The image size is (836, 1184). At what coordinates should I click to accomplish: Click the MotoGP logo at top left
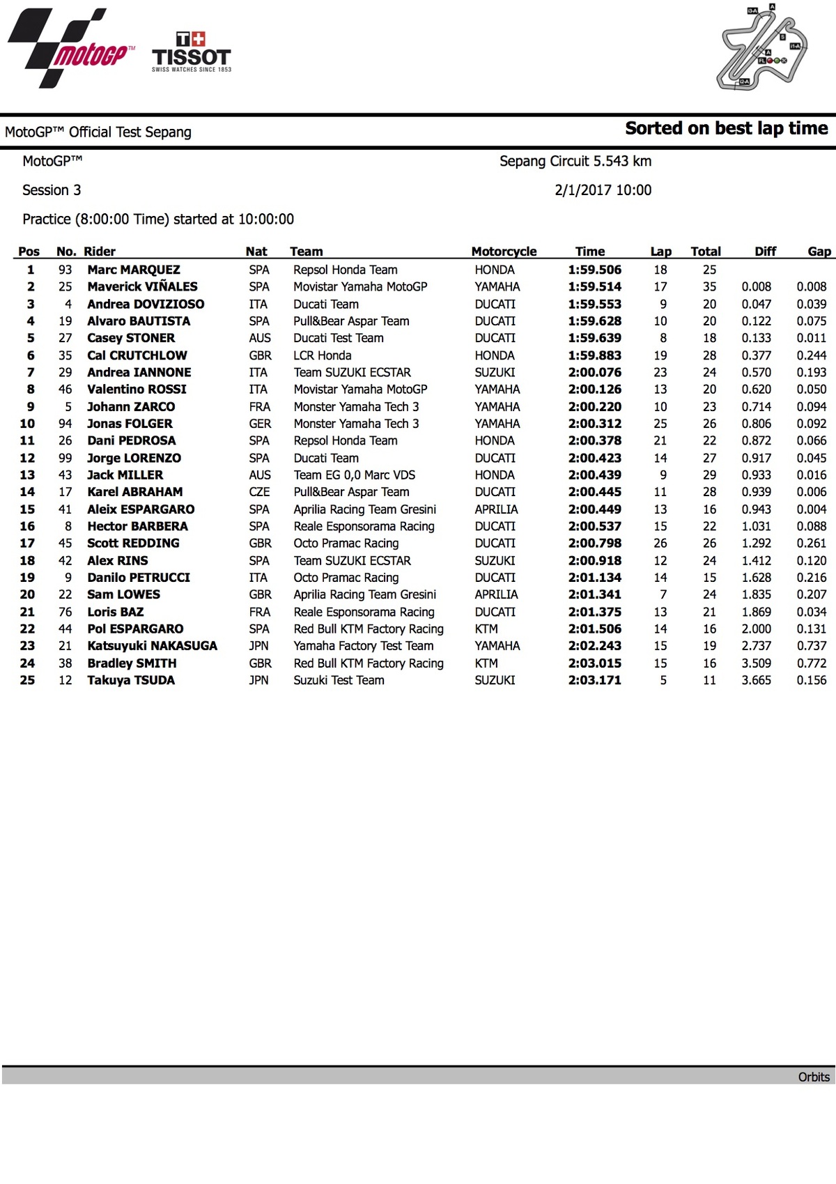tap(70, 49)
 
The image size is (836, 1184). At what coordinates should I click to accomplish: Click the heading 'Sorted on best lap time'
tap(726, 128)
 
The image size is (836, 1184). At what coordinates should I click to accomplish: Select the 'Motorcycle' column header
tap(504, 252)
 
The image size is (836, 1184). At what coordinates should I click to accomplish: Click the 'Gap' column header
tap(819, 252)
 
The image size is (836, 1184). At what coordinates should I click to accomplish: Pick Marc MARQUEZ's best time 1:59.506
tap(594, 270)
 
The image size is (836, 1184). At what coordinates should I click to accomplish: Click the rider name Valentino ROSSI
tap(137, 389)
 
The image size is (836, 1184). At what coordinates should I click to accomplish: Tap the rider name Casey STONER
tap(131, 338)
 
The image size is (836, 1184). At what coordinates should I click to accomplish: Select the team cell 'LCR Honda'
tap(322, 355)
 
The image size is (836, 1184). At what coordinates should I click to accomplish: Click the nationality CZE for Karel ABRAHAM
tap(259, 492)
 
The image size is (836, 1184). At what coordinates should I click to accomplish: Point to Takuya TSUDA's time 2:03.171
tap(594, 680)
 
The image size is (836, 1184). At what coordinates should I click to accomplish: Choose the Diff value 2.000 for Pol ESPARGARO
tap(756, 629)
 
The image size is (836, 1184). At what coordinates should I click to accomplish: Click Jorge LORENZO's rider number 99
tap(65, 458)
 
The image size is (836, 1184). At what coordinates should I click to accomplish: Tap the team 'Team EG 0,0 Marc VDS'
tap(354, 475)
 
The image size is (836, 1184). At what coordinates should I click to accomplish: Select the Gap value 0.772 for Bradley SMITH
tap(812, 663)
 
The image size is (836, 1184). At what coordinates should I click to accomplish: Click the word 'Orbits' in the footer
tap(814, 1077)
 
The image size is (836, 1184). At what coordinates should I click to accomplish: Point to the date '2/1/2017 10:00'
tap(603, 190)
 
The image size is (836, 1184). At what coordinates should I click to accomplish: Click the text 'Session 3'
tap(52, 190)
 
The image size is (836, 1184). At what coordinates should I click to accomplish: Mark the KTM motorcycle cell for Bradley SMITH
tap(486, 663)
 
